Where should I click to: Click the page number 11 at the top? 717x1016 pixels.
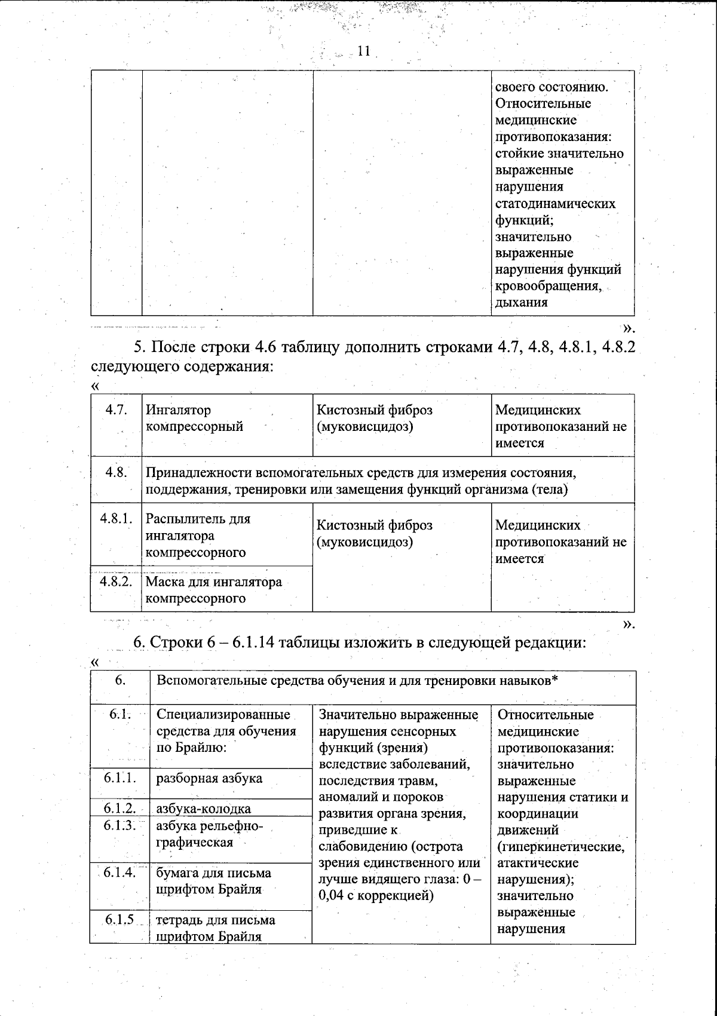click(363, 51)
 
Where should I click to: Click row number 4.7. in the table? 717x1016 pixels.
click(117, 409)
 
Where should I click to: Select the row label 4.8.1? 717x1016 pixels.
click(117, 518)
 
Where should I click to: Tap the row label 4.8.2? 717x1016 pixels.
click(117, 581)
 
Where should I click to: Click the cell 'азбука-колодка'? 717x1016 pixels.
click(204, 809)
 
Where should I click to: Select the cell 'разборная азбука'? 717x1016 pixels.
click(209, 778)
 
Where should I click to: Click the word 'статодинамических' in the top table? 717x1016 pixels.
click(555, 203)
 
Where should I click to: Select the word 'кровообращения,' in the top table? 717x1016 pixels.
click(548, 286)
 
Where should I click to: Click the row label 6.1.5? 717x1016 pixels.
click(119, 920)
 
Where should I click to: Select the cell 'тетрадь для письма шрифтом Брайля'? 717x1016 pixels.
click(215, 928)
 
